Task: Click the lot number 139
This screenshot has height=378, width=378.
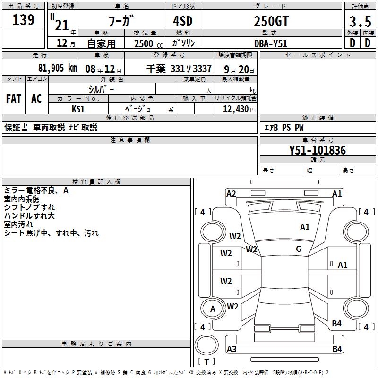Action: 24,20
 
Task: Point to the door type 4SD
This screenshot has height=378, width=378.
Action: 183,21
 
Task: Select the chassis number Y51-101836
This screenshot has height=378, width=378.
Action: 318,150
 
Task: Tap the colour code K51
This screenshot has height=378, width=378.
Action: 78,109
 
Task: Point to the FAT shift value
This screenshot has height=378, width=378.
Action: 14,99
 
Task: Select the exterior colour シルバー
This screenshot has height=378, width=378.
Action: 102,89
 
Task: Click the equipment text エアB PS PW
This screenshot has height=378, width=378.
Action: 284,128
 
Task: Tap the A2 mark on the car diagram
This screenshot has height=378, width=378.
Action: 231,193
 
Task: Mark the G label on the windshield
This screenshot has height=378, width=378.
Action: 299,249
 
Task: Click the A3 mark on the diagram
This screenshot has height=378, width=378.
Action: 232,349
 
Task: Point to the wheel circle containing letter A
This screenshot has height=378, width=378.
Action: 213,309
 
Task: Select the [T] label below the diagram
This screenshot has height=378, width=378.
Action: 206,361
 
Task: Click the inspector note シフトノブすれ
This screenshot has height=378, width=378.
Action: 29,207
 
